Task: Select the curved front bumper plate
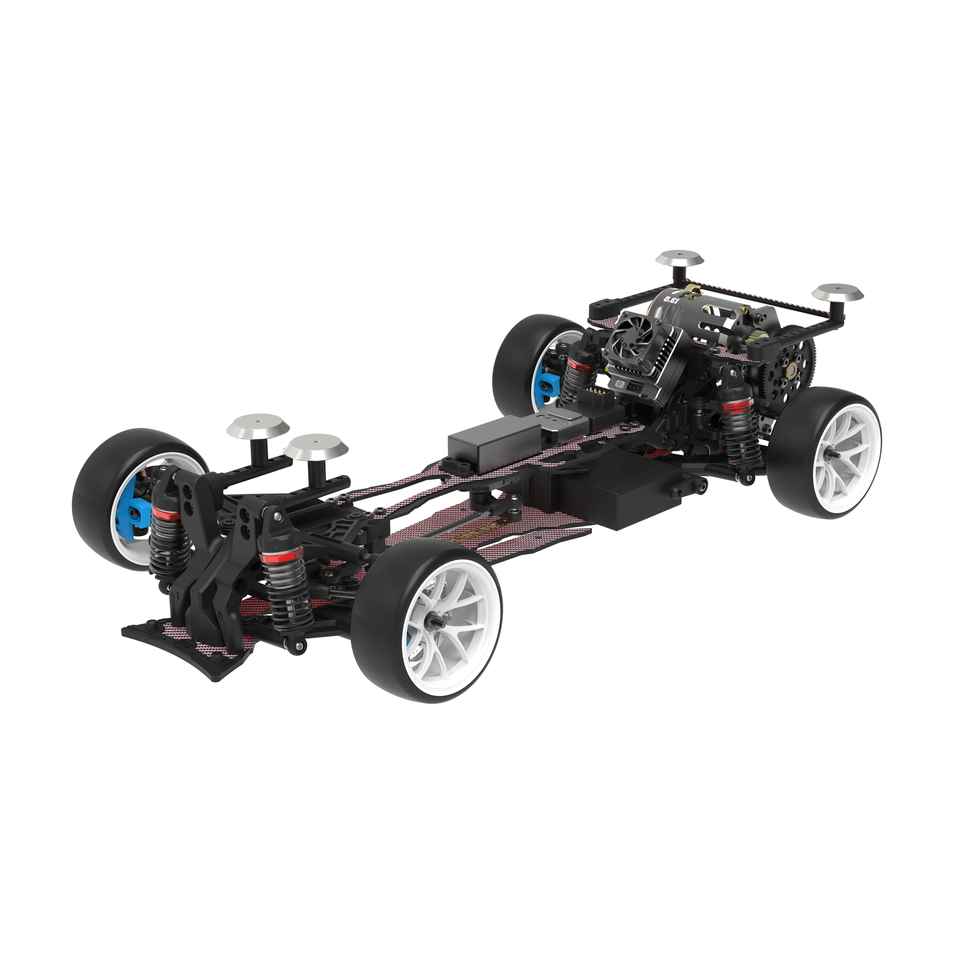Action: (x=183, y=651)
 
